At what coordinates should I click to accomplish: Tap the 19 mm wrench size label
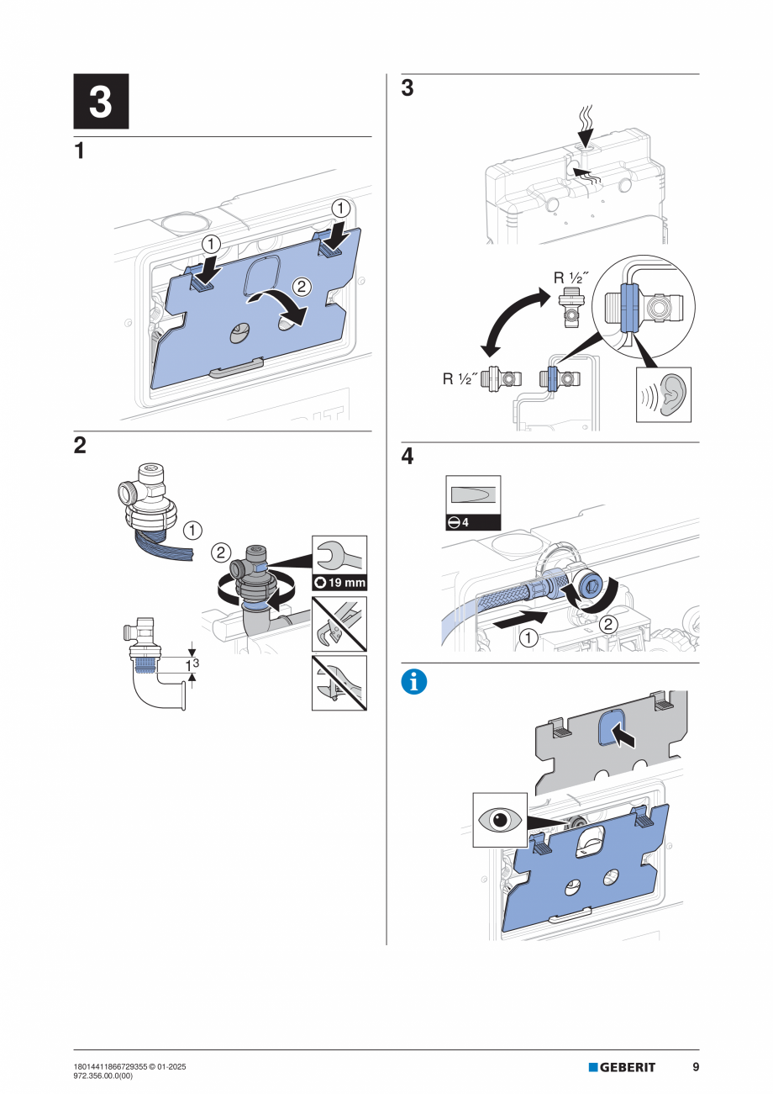pyautogui.click(x=339, y=582)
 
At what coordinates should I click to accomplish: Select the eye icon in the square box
pyautogui.click(x=500, y=819)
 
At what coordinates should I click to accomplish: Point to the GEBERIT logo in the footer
pyautogui.click(x=622, y=1067)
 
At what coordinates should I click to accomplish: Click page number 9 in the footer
pyautogui.click(x=696, y=1067)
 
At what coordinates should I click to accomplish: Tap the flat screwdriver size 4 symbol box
pyautogui.click(x=472, y=502)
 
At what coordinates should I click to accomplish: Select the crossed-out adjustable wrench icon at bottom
pyautogui.click(x=339, y=683)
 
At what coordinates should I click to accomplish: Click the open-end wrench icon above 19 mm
pyautogui.click(x=339, y=555)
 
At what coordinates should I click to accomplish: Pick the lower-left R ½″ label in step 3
pyautogui.click(x=460, y=379)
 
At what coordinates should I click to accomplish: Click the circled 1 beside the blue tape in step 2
pyautogui.click(x=192, y=530)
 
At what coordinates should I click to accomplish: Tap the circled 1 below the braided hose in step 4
pyautogui.click(x=528, y=637)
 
